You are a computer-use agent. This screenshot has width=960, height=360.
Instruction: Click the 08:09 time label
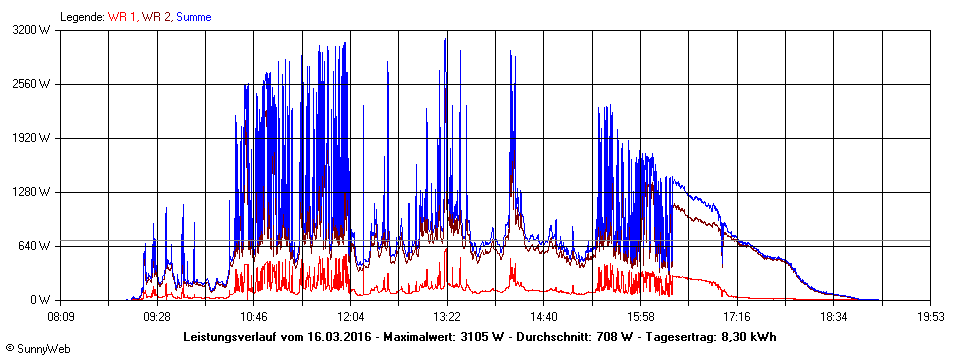(60, 316)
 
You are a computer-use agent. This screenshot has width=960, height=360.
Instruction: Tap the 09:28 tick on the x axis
(157, 316)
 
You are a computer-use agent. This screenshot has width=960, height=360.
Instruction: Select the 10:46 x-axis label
(253, 316)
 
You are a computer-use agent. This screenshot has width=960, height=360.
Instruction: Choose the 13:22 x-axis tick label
(447, 316)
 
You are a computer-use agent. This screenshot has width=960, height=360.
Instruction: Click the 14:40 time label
(543, 316)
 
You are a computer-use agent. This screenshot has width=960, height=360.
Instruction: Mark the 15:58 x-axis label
(640, 316)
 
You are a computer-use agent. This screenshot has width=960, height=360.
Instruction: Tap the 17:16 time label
(737, 316)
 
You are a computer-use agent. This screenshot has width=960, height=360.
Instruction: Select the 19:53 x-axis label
(930, 316)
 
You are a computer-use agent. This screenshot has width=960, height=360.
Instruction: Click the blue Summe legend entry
(193, 17)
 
